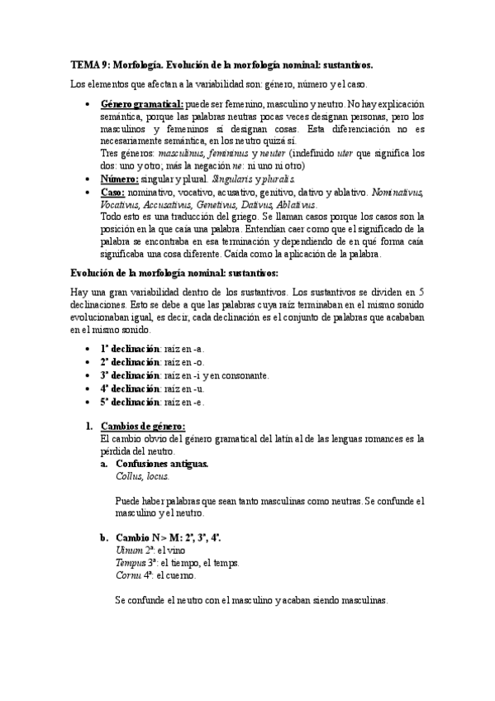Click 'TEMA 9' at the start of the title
pyautogui.click(x=88, y=63)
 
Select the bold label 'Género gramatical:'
pyautogui.click(x=141, y=106)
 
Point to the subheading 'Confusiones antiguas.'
pyautogui.click(x=162, y=464)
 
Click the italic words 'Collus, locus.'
pyautogui.click(x=143, y=476)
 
